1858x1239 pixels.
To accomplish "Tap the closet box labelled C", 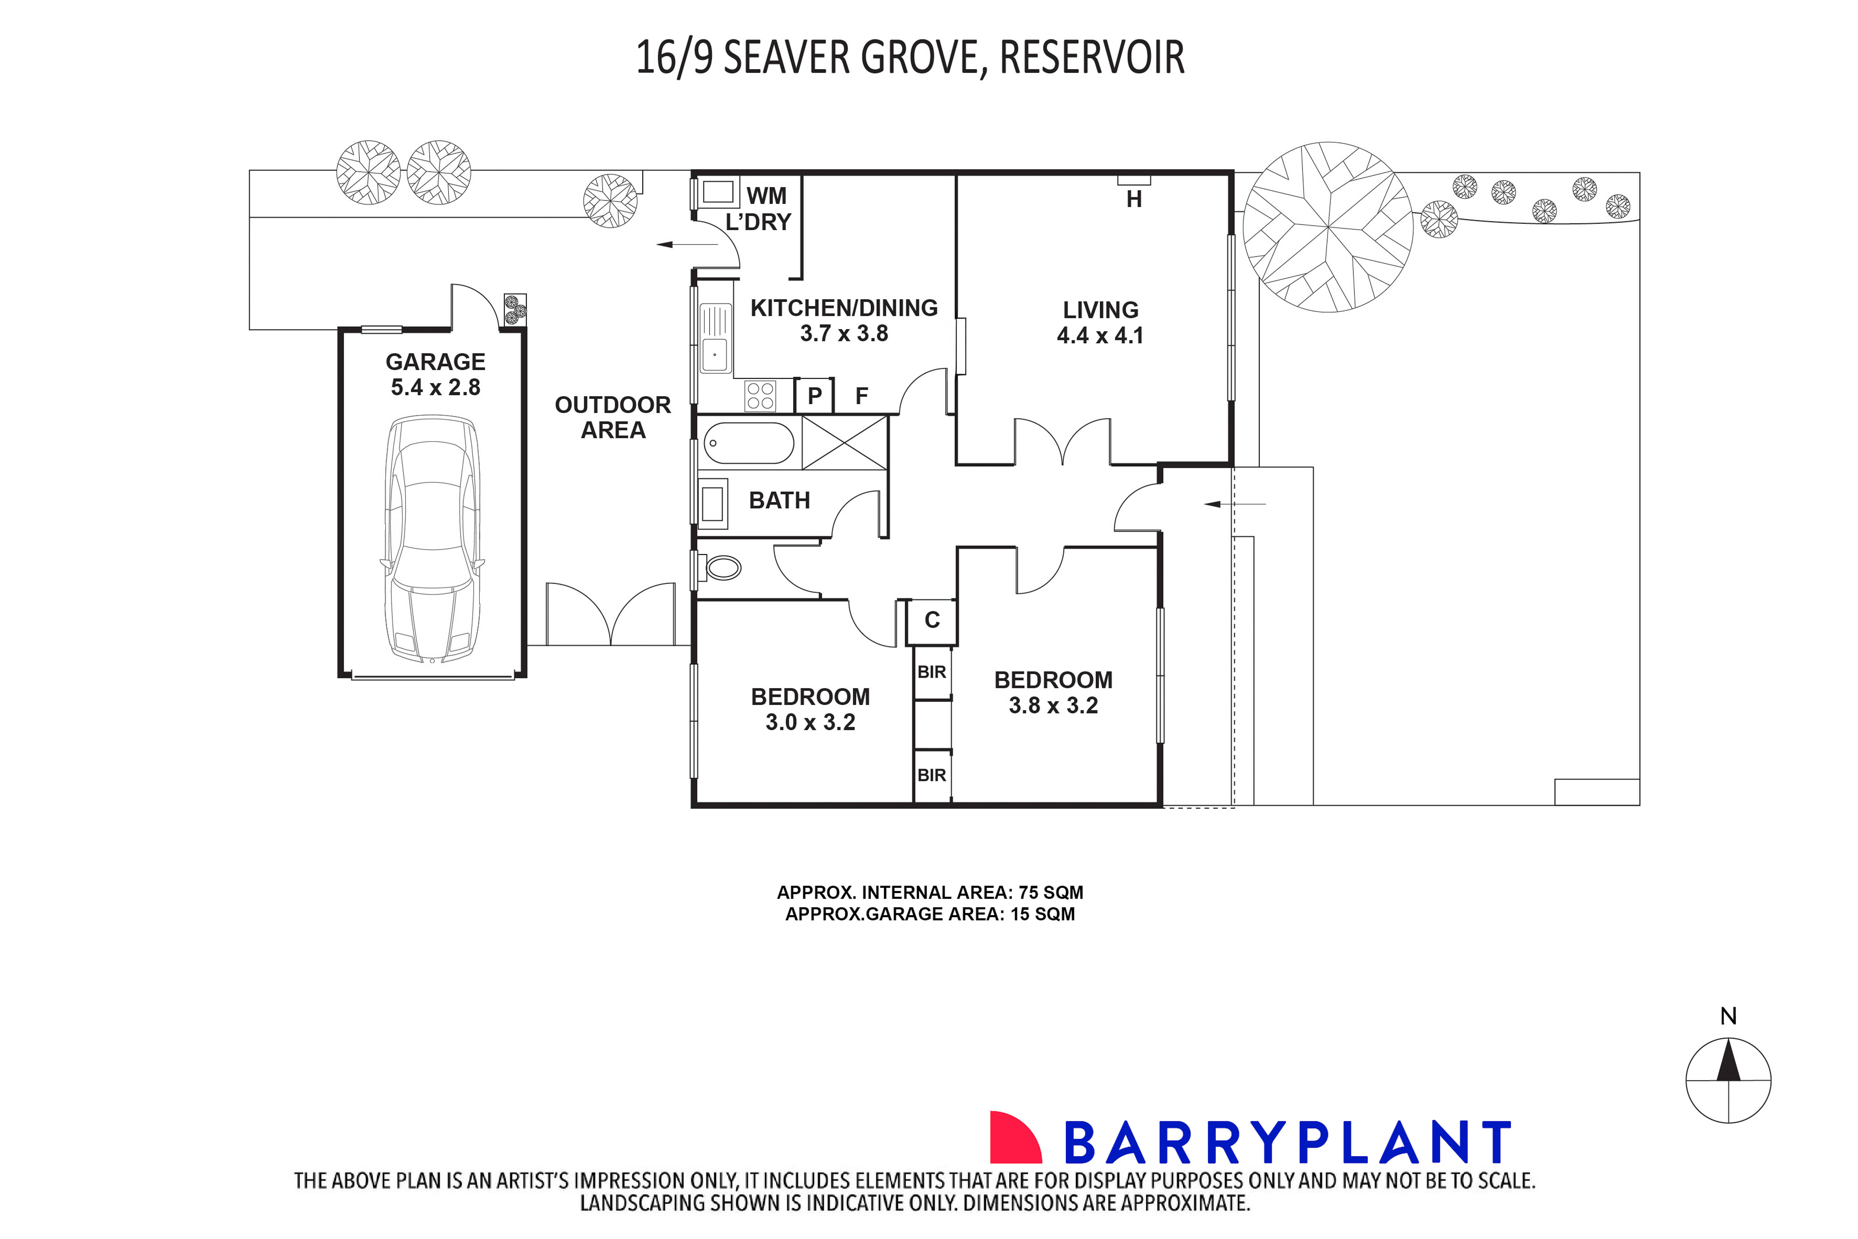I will point(932,620).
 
